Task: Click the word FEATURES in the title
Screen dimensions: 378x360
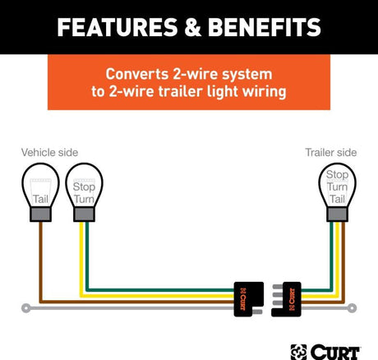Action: [118, 27]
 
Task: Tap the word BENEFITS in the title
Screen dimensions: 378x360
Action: [265, 27]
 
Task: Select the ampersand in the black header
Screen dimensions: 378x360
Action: [193, 27]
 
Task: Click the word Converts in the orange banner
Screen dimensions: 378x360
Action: [137, 74]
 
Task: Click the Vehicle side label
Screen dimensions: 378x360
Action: [49, 153]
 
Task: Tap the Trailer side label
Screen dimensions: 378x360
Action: [331, 153]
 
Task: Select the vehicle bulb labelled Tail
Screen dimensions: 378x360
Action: [40, 192]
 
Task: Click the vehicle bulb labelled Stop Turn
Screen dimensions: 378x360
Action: [84, 192]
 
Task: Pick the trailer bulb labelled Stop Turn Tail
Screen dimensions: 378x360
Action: [337, 192]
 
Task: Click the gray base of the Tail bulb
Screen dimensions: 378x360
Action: [40, 215]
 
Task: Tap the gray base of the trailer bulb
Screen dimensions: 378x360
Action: [337, 215]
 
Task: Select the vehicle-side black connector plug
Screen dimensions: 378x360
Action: [249, 299]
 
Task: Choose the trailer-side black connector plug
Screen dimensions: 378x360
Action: [286, 299]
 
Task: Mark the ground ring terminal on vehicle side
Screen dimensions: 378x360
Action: [25, 308]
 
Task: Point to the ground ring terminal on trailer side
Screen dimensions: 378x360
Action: [353, 308]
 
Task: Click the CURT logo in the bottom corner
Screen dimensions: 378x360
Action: [325, 352]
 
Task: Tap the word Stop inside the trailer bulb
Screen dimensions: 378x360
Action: [337, 174]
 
